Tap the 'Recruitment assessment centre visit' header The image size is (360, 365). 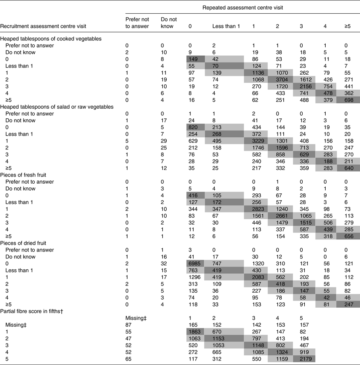42,27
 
